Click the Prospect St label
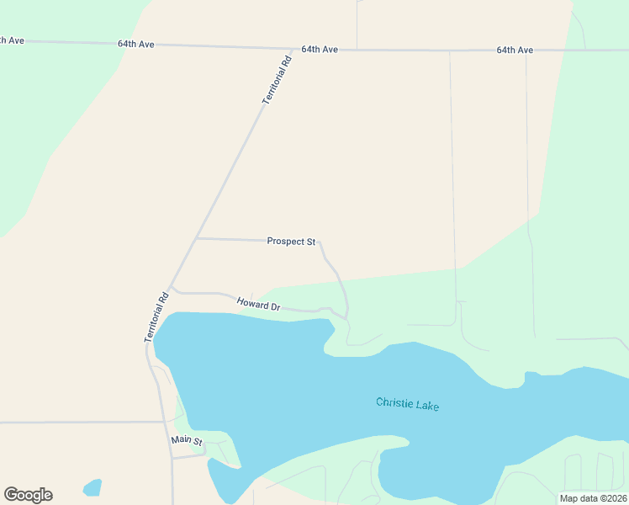pyautogui.click(x=291, y=242)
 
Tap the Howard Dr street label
pyautogui.click(x=258, y=304)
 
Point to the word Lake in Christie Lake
pyautogui.click(x=426, y=407)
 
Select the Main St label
pyautogui.click(x=187, y=440)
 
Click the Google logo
pyautogui.click(x=28, y=495)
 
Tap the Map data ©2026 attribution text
pyautogui.click(x=593, y=498)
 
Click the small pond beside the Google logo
pyautogui.click(x=92, y=487)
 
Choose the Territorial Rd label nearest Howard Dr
pyautogui.click(x=157, y=316)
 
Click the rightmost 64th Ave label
pyautogui.click(x=515, y=50)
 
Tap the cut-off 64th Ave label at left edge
pyautogui.click(x=11, y=40)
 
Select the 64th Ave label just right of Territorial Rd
pyautogui.click(x=320, y=50)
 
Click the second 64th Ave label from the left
pyautogui.click(x=136, y=44)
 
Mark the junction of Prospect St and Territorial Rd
pyautogui.click(x=196, y=238)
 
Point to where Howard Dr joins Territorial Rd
pyautogui.click(x=171, y=290)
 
